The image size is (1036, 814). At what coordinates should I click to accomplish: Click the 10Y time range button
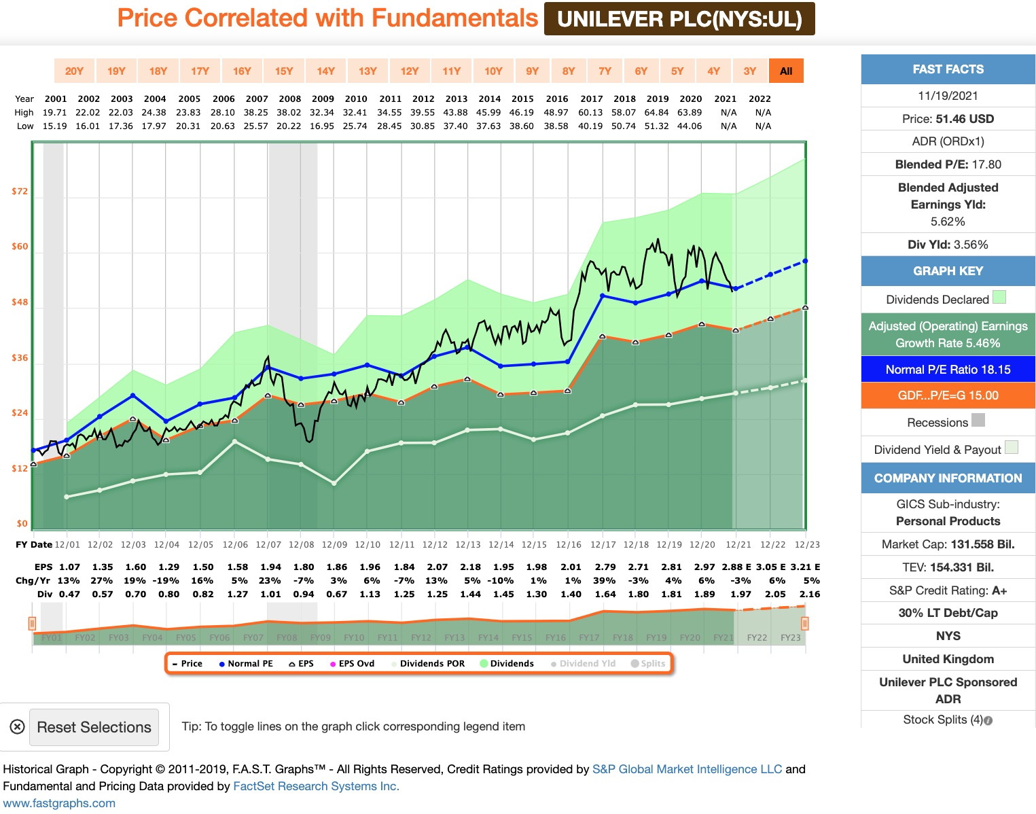tap(493, 71)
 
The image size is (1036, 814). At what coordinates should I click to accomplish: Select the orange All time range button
tap(786, 71)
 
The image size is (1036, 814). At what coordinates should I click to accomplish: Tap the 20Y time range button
tap(74, 71)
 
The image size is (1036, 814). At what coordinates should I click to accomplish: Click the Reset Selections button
tap(94, 727)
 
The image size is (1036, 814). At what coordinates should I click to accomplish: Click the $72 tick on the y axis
tap(20, 191)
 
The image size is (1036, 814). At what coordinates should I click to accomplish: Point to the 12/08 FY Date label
tap(302, 544)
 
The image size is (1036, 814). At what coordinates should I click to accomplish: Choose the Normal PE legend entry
tap(246, 663)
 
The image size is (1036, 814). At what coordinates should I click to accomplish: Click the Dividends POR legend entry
tap(428, 663)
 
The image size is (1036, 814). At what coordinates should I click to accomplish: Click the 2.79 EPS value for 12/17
tap(605, 567)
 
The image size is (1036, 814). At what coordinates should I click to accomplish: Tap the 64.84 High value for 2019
tap(657, 112)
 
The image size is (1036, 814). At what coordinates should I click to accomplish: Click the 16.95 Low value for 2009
tap(322, 126)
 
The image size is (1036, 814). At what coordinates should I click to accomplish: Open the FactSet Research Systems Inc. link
tap(316, 786)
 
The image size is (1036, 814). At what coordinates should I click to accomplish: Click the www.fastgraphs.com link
tap(59, 803)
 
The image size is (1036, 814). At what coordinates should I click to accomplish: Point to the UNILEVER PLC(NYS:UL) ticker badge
tap(679, 19)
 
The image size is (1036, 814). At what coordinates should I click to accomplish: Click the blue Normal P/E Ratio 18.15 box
tap(948, 370)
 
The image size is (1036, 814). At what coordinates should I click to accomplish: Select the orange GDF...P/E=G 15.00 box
tap(948, 395)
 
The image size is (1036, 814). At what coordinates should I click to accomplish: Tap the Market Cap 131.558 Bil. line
tap(948, 544)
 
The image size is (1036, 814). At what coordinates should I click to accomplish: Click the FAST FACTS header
tap(948, 69)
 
